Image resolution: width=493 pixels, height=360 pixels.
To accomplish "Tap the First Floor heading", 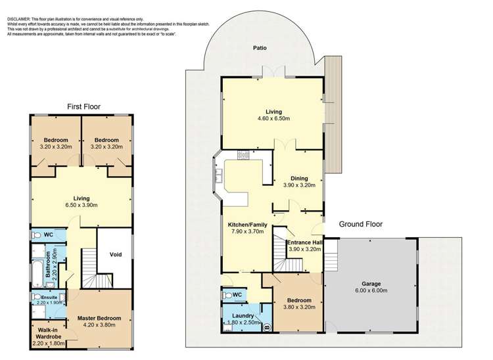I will click(x=84, y=106).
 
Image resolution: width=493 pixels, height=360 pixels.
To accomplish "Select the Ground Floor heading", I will click(x=360, y=224).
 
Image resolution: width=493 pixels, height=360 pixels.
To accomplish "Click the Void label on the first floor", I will click(x=116, y=254).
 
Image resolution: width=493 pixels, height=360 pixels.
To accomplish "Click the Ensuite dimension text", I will click(x=52, y=303).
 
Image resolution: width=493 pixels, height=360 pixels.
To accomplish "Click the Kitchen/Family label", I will click(x=246, y=227).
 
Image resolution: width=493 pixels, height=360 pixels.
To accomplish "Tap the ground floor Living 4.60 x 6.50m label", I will click(x=273, y=115).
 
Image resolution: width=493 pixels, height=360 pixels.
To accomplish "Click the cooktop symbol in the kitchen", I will click(x=243, y=156).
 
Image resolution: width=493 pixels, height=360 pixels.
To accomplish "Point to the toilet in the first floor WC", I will click(x=36, y=235).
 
